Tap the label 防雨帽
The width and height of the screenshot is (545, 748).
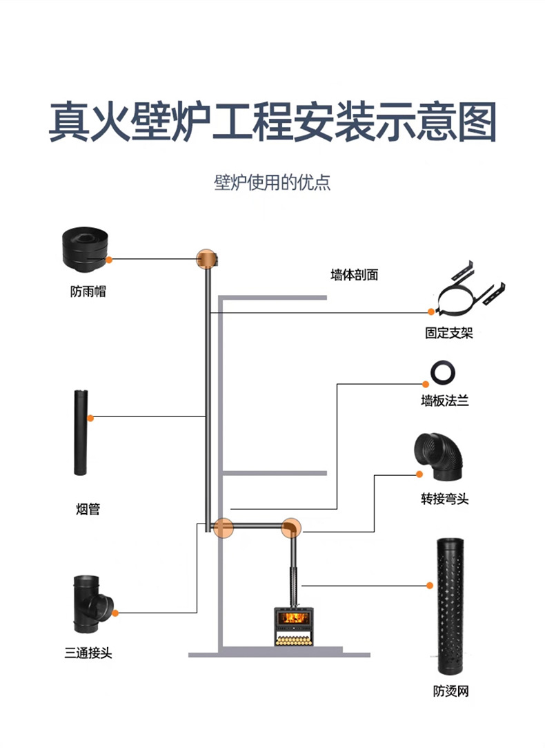click(x=88, y=291)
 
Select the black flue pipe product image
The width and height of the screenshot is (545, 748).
click(x=79, y=432)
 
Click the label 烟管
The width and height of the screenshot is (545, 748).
click(x=88, y=510)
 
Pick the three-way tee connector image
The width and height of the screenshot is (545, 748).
click(x=90, y=602)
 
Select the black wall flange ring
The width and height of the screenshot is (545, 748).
click(x=443, y=372)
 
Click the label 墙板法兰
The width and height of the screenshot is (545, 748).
click(x=445, y=400)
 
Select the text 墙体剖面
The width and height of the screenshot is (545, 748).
click(x=354, y=275)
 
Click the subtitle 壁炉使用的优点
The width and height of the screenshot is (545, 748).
click(x=272, y=183)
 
